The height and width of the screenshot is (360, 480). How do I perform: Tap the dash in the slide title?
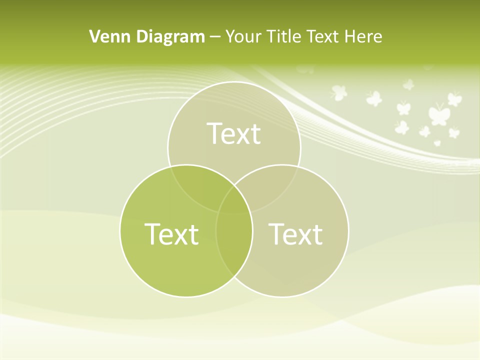[x=215, y=37]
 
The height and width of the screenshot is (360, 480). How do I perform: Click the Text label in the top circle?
[x=234, y=133]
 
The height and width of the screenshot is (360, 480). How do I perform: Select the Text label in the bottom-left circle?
[x=171, y=233]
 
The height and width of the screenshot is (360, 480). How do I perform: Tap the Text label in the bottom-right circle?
[x=295, y=233]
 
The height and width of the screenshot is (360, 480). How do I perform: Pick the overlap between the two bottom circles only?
[x=234, y=250]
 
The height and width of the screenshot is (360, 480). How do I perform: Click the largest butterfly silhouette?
[x=438, y=114]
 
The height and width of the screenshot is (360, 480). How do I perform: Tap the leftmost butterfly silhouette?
[x=339, y=92]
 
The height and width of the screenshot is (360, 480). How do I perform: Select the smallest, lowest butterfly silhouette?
[x=437, y=143]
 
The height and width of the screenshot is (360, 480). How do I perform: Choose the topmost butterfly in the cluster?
[x=409, y=84]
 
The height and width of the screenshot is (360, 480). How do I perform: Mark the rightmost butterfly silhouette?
[x=454, y=98]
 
